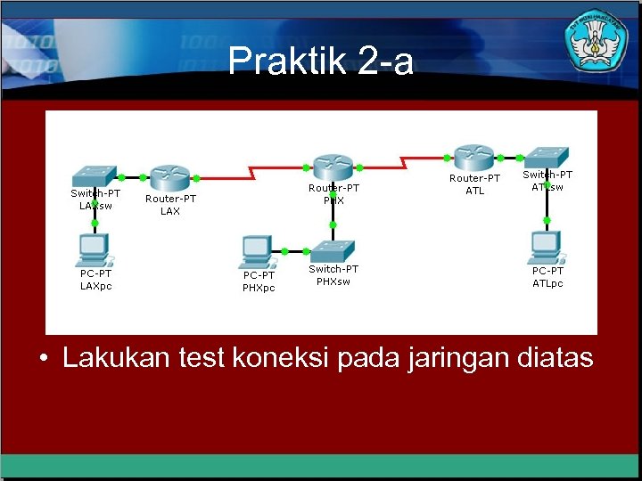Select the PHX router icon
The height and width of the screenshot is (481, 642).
[x=332, y=166]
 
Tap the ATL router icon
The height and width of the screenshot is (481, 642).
[x=473, y=158]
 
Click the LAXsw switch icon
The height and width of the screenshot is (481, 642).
[x=95, y=175]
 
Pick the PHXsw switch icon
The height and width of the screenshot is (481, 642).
[x=333, y=250]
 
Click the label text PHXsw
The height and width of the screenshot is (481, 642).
[x=333, y=281]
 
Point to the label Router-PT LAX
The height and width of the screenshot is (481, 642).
[x=170, y=205]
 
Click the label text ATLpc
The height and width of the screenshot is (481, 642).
[x=547, y=283]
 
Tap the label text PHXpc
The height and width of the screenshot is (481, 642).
[x=259, y=288]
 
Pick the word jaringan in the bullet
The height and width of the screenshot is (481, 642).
[x=457, y=358]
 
